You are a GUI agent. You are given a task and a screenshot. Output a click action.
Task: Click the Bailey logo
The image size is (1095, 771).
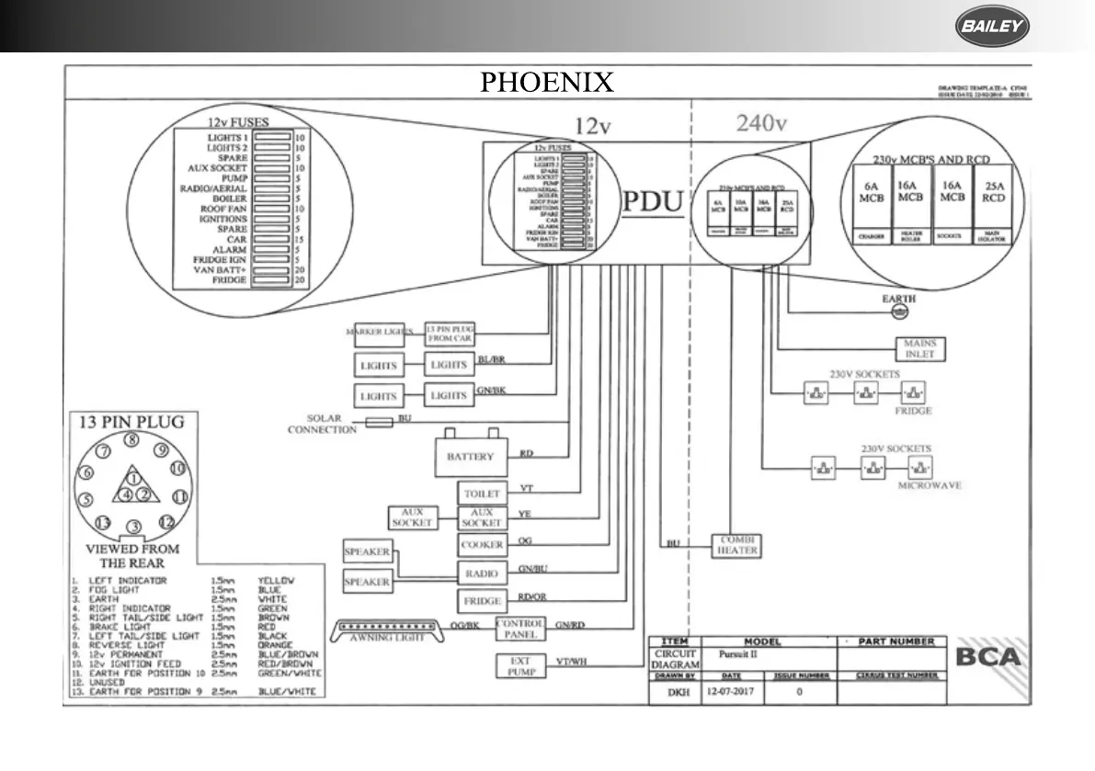click(992, 28)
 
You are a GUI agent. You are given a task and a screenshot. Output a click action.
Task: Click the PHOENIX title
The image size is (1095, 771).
click(547, 83)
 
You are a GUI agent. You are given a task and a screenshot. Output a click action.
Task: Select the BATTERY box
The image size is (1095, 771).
click(470, 457)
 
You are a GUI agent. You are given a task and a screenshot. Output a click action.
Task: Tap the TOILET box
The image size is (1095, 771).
click(481, 493)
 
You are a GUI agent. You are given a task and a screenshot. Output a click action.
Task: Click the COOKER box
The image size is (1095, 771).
click(481, 545)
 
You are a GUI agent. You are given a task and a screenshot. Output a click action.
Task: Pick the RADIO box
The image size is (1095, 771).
click(481, 574)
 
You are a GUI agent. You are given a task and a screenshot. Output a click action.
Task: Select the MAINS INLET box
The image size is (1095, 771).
click(919, 349)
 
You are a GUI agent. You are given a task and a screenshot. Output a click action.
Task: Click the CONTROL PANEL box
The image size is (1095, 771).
click(520, 629)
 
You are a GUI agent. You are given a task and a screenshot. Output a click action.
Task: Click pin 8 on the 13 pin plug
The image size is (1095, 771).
click(132, 440)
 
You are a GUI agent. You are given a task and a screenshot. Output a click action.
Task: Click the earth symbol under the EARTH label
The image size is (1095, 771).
click(900, 313)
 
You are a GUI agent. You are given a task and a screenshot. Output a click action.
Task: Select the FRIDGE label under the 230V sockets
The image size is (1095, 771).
click(913, 411)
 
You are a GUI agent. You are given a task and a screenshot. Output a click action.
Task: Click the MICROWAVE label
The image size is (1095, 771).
click(930, 484)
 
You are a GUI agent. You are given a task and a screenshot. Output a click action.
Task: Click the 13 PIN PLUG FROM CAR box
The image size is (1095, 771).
click(450, 331)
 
